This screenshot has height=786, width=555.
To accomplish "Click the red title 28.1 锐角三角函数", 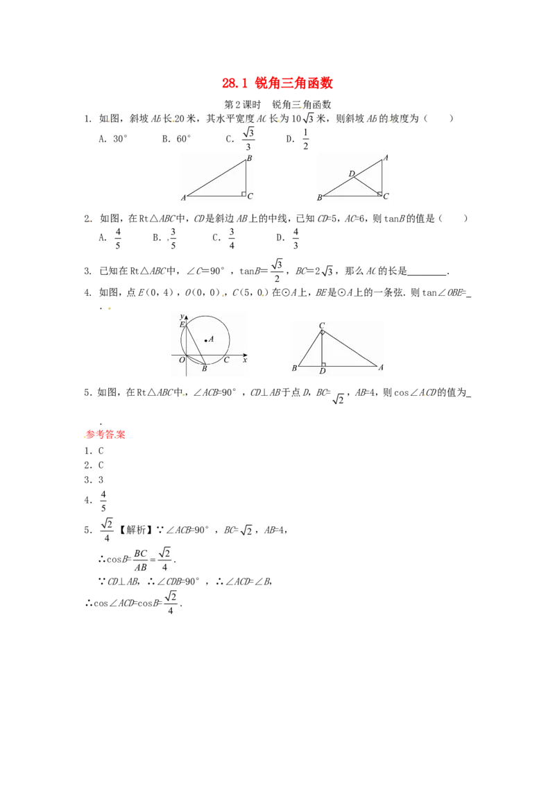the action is (277, 83).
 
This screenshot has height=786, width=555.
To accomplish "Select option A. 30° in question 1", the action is (113, 139).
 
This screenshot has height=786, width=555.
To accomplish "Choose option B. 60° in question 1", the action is (176, 139).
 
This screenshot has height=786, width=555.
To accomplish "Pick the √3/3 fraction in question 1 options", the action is (248, 139).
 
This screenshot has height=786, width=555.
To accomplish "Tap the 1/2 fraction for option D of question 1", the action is (305, 139).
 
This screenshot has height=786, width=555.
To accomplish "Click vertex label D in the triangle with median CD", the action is (352, 174).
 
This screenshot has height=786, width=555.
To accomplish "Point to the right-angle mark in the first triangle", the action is (244, 194).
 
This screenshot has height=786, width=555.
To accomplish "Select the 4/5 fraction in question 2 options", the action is (118, 238).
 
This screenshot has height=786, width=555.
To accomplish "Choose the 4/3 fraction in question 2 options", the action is (296, 238).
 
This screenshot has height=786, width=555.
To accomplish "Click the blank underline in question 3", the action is (427, 274).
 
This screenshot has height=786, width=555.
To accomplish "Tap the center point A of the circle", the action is (205, 341).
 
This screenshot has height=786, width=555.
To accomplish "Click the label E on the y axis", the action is (182, 325).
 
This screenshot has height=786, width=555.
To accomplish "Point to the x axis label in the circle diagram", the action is (245, 360).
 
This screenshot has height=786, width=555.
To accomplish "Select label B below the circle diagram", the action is (205, 369).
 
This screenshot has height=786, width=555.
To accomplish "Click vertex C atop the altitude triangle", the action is (322, 326).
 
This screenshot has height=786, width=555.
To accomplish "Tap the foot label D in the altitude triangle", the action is (322, 371).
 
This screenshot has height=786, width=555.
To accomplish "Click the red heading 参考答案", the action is (105, 435).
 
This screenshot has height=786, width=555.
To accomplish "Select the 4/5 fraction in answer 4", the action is (103, 501).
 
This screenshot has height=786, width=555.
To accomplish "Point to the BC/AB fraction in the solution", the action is (141, 560).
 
